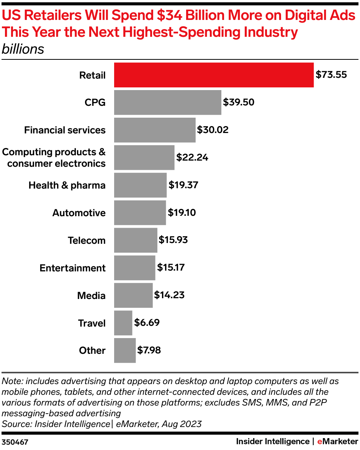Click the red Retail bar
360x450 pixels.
(x=214, y=75)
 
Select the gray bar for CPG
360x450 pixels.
(x=167, y=102)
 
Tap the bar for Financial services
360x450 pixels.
(x=155, y=130)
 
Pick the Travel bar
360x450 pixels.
(x=123, y=323)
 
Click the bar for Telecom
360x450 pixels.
(x=136, y=240)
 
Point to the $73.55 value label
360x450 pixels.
(x=331, y=75)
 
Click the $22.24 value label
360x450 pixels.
(x=192, y=158)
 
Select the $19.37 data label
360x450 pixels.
(x=183, y=185)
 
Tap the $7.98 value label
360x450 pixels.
(x=149, y=350)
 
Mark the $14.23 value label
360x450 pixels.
(x=169, y=295)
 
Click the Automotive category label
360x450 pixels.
(x=79, y=213)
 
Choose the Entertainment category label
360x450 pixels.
(x=72, y=268)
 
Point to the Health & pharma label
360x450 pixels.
(x=67, y=185)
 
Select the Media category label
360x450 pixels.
(x=91, y=296)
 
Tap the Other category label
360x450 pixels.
(x=92, y=350)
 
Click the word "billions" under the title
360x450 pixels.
(x=23, y=49)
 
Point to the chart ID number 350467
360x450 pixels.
(x=15, y=442)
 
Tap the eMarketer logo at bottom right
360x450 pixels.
(x=337, y=442)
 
